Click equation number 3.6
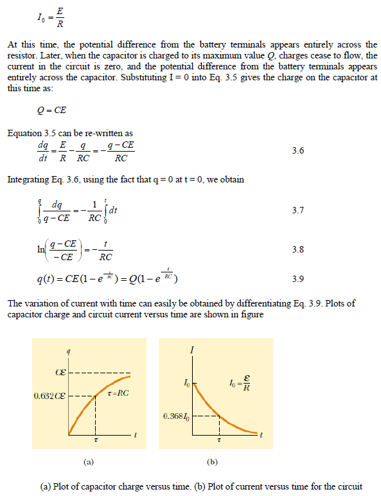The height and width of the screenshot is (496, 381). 297,151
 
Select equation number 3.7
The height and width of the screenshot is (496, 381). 297,210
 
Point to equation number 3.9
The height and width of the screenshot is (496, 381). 297,279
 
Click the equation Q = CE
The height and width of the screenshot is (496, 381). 52,111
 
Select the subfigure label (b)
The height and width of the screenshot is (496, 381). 212,461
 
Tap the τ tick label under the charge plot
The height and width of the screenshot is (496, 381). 96,443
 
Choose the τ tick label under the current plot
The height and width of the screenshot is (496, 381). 219,442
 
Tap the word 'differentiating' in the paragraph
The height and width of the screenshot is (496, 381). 236,305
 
